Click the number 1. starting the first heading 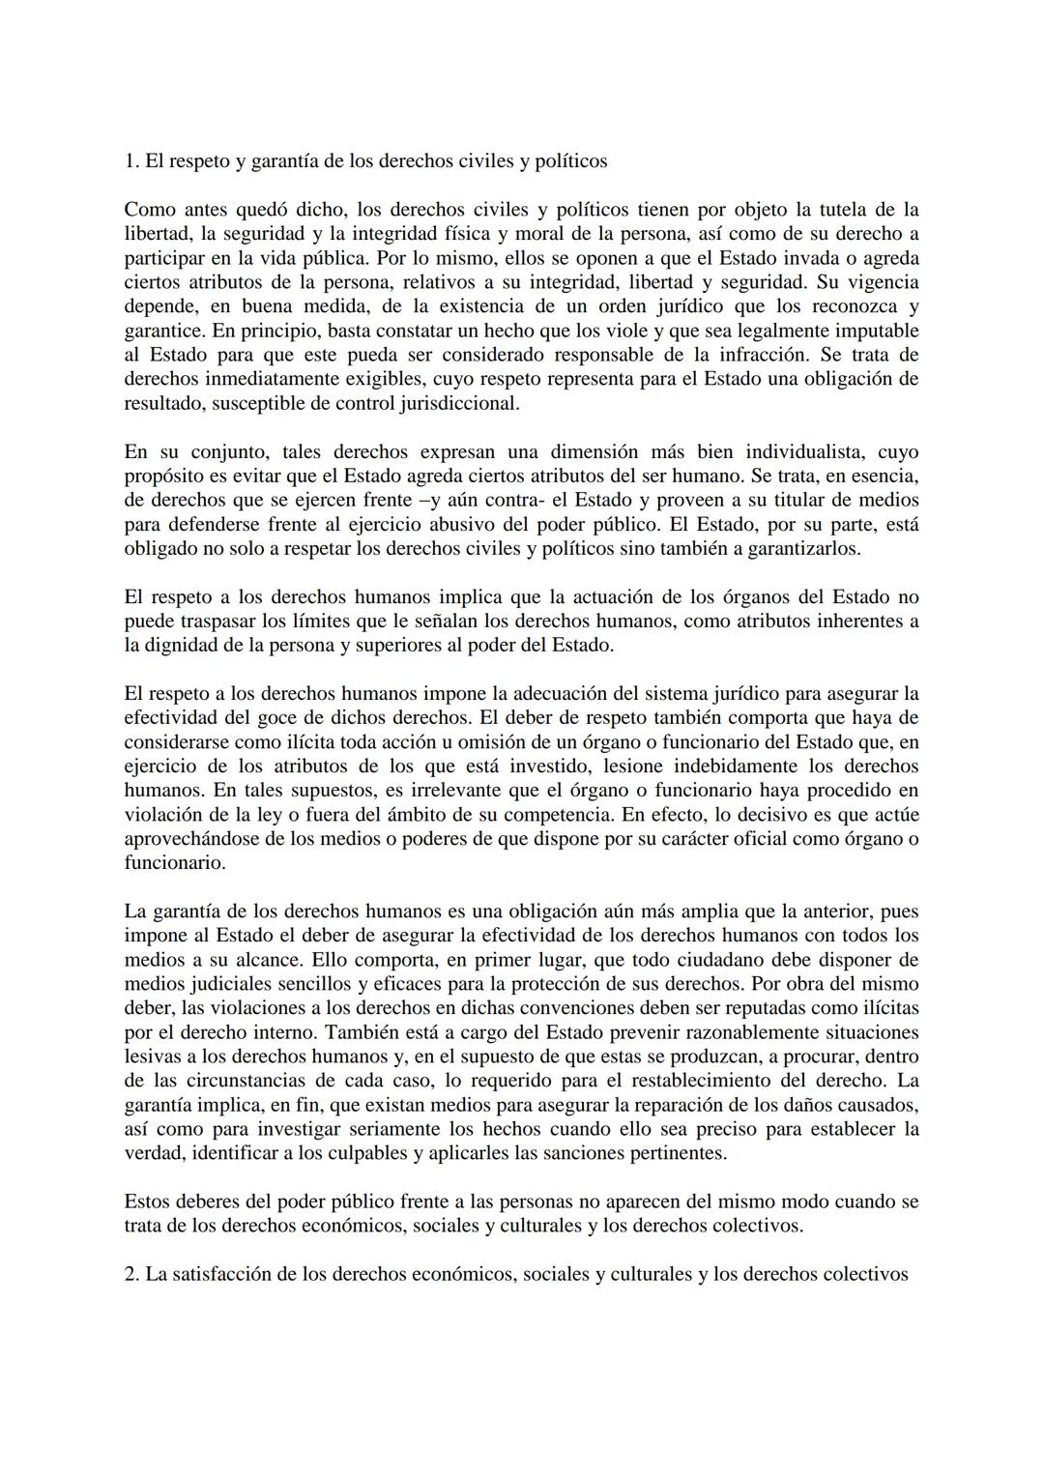[x=132, y=161]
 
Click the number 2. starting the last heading [x=132, y=1274]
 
